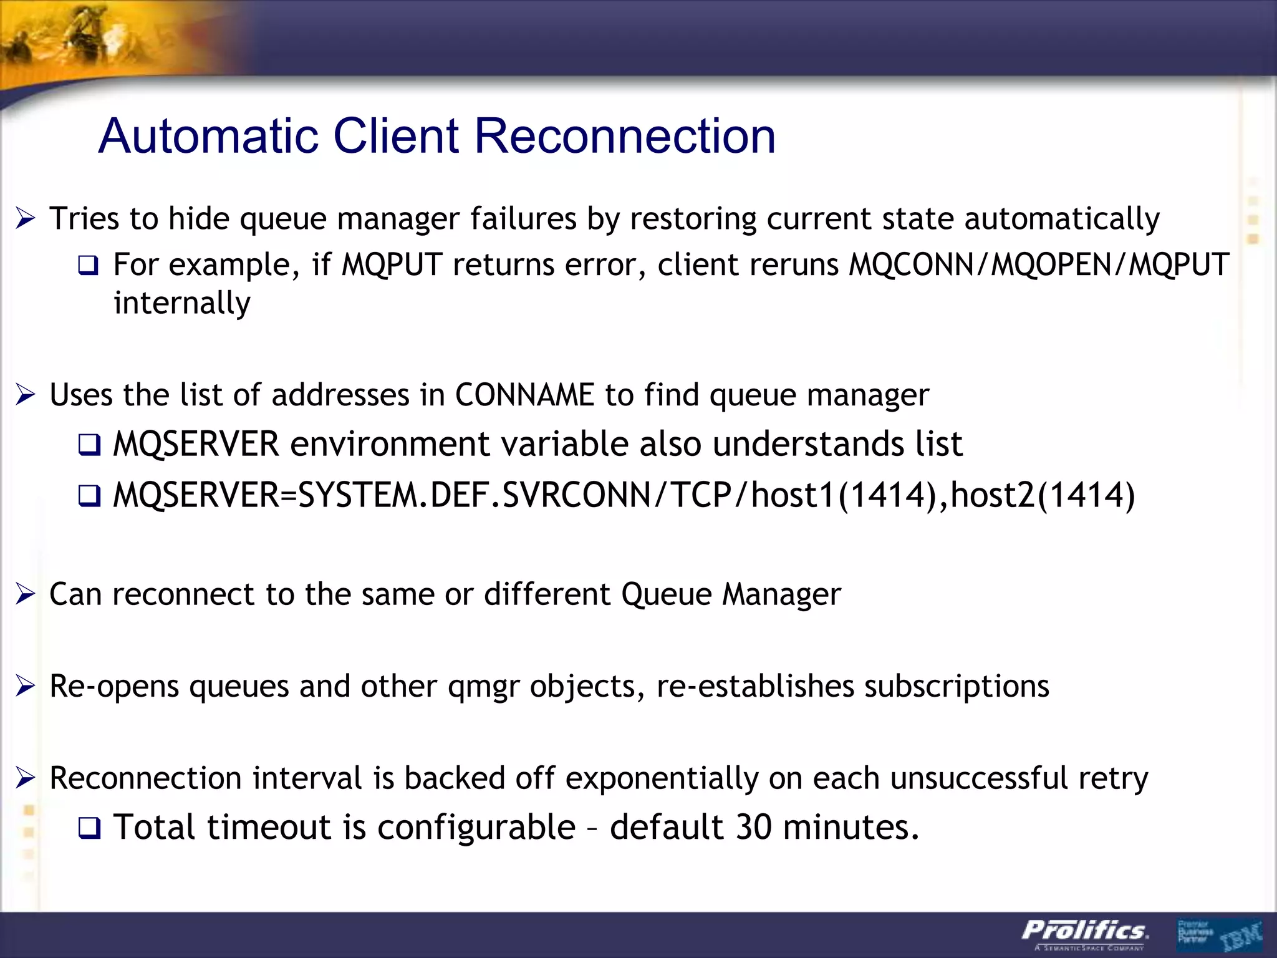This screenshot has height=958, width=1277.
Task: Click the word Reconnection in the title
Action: coord(625,136)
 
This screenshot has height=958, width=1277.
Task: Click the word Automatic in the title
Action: coord(210,136)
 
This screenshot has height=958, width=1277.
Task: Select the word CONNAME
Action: coord(524,395)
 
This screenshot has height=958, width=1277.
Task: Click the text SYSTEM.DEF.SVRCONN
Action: coord(474,495)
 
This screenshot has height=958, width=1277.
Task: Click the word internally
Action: coord(182,303)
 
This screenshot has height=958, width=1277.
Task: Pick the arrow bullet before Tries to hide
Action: coord(26,219)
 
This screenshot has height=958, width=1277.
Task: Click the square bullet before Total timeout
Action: coord(89,829)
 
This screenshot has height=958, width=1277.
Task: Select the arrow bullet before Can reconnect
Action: coord(26,594)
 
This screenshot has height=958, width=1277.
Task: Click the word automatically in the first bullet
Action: coord(1061,219)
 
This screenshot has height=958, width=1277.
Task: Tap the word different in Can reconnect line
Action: coord(547,594)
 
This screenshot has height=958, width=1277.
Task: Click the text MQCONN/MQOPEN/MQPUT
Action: coord(1039,265)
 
